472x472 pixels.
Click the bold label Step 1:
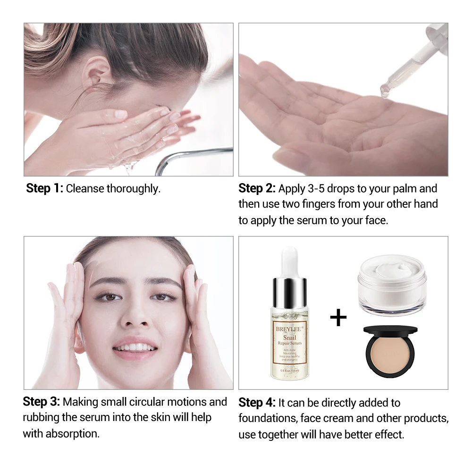(x=45, y=189)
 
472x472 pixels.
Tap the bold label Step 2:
(x=257, y=189)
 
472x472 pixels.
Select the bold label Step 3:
(x=42, y=402)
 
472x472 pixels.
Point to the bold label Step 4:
(x=257, y=403)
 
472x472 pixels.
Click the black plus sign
(x=338, y=318)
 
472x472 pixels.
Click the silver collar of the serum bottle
(x=289, y=292)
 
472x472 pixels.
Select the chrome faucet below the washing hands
(x=189, y=158)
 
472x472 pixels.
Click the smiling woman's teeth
(x=135, y=347)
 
